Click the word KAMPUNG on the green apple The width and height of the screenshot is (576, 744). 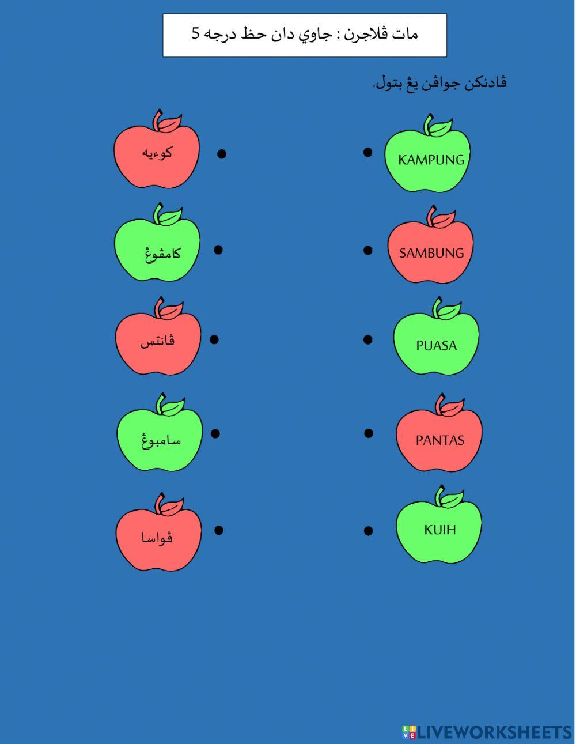pyautogui.click(x=431, y=160)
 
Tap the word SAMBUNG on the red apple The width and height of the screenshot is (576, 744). pyautogui.click(x=431, y=253)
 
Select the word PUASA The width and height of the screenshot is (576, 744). pyautogui.click(x=436, y=345)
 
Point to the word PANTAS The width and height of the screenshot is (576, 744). pyautogui.click(x=440, y=440)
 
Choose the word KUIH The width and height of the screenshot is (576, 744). pyautogui.click(x=440, y=530)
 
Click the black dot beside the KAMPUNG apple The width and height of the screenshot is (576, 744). pyautogui.click(x=367, y=152)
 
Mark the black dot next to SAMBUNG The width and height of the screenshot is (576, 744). pyautogui.click(x=367, y=250)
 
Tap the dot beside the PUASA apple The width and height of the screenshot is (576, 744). pyautogui.click(x=367, y=339)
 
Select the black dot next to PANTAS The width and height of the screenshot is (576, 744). pyautogui.click(x=369, y=433)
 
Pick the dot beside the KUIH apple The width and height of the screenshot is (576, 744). pyautogui.click(x=368, y=531)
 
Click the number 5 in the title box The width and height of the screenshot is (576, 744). pyautogui.click(x=195, y=33)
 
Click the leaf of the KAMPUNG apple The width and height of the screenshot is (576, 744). pyautogui.click(x=441, y=128)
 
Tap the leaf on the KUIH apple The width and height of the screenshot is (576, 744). pyautogui.click(x=452, y=499)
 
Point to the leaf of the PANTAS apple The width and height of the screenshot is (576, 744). pyautogui.click(x=453, y=407)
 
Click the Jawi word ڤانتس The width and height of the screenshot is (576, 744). pyautogui.click(x=157, y=341)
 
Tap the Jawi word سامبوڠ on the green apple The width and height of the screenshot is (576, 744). pyautogui.click(x=161, y=440)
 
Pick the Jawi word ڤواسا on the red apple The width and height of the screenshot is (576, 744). pyautogui.click(x=157, y=537)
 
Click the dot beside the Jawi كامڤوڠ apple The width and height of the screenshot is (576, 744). pyautogui.click(x=218, y=250)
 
